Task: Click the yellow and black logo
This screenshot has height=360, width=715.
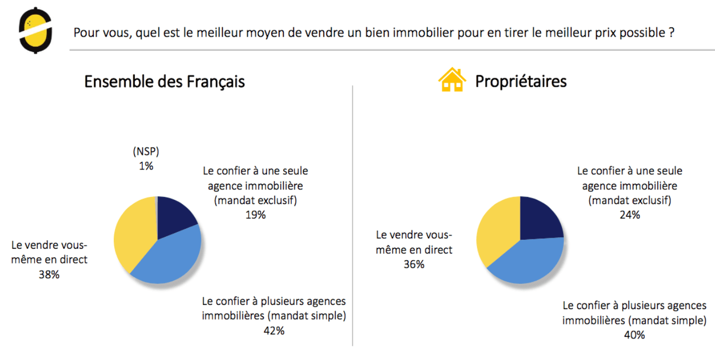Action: (x=35, y=30)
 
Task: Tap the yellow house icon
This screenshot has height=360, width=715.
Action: (x=452, y=80)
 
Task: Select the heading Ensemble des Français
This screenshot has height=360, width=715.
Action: (x=164, y=82)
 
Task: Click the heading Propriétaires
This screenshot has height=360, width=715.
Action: (x=520, y=82)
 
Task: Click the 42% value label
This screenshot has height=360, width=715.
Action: (x=274, y=331)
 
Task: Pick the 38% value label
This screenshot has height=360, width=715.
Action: (x=49, y=274)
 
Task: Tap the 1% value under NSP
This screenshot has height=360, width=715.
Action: (x=146, y=166)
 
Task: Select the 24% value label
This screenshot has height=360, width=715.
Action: (x=629, y=215)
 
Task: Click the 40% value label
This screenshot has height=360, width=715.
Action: (x=634, y=334)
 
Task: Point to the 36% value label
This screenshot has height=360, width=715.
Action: (x=414, y=264)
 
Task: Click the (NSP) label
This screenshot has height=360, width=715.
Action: (x=146, y=152)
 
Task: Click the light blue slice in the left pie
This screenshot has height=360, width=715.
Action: (x=170, y=257)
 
